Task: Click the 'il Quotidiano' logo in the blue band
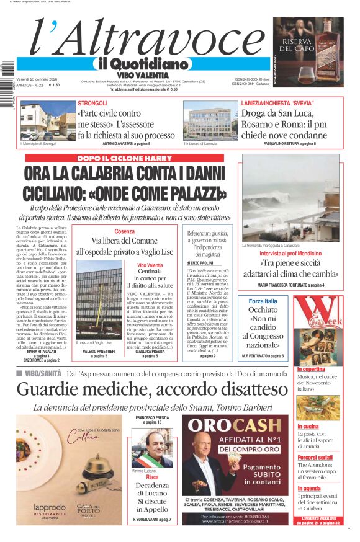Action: tap(142, 64)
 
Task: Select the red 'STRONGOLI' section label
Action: tap(92, 103)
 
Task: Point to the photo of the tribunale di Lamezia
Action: tap(210, 122)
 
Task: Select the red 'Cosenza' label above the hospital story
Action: tap(124, 232)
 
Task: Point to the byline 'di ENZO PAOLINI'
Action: tap(202, 264)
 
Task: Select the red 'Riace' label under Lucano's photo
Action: tap(152, 478)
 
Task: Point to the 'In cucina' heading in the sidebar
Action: tap(308, 427)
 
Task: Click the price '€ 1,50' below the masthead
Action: tap(54, 85)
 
